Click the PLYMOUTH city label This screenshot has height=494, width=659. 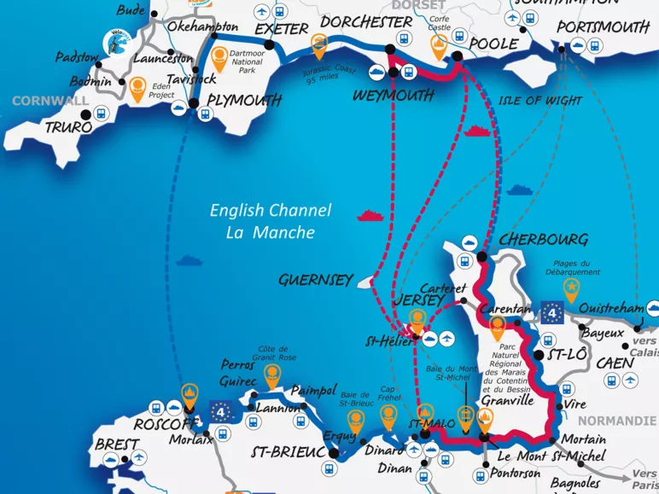coord(245,101)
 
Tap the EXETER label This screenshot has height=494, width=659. coord(281,29)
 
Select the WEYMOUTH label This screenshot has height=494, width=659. coord(393,96)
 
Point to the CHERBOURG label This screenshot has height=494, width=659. coord(544,239)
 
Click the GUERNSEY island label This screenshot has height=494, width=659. coord(315,279)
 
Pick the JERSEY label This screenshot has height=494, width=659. coord(419,300)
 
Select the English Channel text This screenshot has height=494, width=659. coord(271,211)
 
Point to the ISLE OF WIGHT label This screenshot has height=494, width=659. coord(539,100)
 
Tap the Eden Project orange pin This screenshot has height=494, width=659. coord(137,85)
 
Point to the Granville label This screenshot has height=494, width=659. coord(507,399)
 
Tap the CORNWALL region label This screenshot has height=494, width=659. coord(50,101)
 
